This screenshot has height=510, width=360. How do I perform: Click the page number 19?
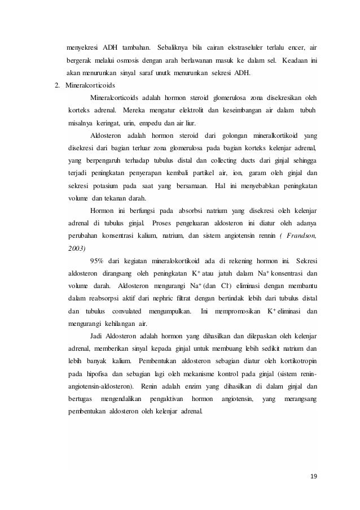tap(313, 476)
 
